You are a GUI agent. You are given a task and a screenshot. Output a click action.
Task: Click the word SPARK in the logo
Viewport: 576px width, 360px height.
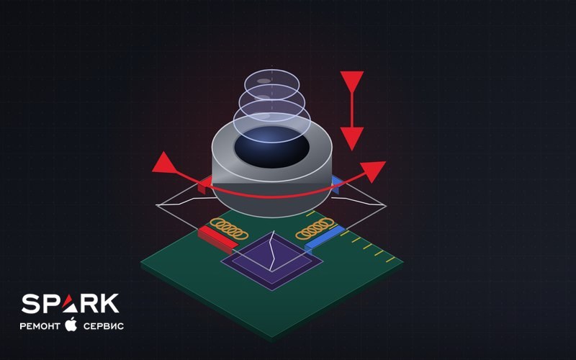click(70, 303)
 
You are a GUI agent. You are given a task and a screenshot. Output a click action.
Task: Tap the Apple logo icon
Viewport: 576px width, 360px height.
click(71, 324)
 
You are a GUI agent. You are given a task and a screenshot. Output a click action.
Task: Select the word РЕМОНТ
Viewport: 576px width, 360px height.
click(40, 326)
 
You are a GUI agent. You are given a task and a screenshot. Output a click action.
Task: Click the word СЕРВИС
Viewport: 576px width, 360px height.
click(103, 326)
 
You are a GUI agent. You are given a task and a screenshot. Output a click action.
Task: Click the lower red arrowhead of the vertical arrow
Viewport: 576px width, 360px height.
click(352, 138)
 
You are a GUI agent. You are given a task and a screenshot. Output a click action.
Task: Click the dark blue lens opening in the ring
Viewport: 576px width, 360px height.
click(272, 147)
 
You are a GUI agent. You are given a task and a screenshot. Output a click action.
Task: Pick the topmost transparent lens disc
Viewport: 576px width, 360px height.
click(272, 83)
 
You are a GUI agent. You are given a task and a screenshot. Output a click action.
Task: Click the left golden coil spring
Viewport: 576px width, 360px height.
click(229, 228)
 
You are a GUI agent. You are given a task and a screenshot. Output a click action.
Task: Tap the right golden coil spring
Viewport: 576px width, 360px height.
click(315, 228)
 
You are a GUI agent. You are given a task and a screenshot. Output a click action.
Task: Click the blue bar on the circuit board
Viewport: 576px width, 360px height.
click(325, 239)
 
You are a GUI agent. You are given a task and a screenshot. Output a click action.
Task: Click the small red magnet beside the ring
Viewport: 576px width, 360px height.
click(204, 185)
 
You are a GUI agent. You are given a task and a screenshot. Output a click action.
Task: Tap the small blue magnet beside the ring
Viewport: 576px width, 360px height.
click(336, 184)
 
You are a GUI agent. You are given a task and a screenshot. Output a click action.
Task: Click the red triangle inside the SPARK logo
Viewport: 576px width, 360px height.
click(70, 304)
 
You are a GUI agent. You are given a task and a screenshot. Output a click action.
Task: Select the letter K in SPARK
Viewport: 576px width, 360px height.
click(109, 303)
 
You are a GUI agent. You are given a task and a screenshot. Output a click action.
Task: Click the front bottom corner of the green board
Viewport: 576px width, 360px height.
click(272, 338)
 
